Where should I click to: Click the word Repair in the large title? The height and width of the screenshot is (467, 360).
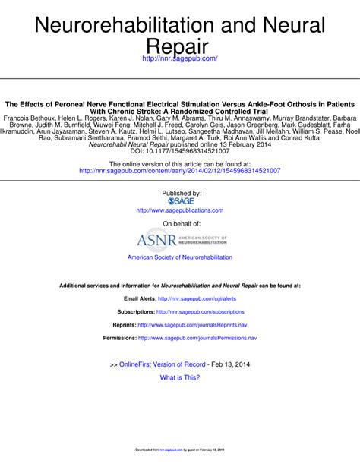click(x=180, y=48)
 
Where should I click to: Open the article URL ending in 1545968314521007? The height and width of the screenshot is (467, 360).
click(x=180, y=172)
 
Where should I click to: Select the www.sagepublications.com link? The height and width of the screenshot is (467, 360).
click(x=180, y=210)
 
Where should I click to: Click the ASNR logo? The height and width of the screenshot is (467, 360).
click(x=180, y=241)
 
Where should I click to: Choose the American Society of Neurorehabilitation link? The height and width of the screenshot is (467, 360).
click(x=180, y=258)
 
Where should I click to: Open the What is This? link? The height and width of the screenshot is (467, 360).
click(x=180, y=377)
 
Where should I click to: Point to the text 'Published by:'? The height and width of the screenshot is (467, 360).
click(x=180, y=193)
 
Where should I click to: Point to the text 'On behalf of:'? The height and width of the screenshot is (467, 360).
click(x=180, y=224)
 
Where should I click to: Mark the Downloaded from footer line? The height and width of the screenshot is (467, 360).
click(x=180, y=450)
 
